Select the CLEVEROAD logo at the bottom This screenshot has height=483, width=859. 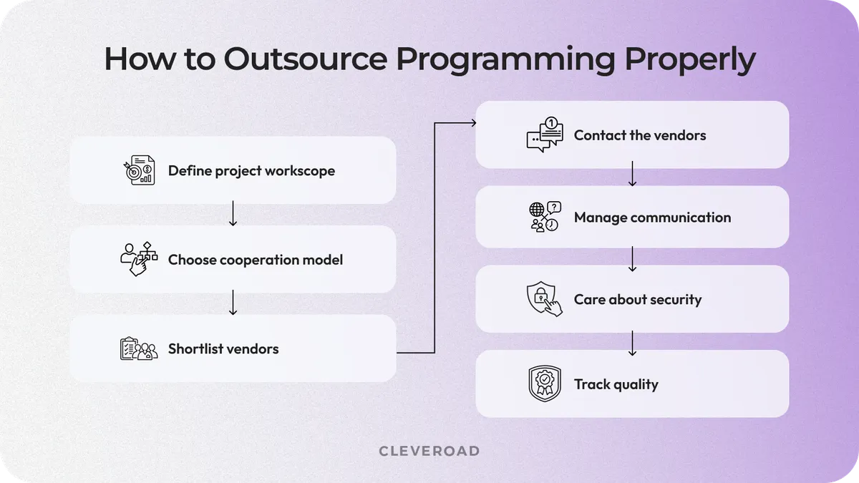pyautogui.click(x=429, y=451)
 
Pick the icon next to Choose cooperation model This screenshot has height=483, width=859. pyautogui.click(x=137, y=259)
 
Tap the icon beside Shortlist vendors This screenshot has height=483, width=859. pyautogui.click(x=137, y=348)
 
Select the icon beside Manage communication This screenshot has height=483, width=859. pyautogui.click(x=545, y=217)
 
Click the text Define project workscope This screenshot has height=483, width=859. pyautogui.click(x=251, y=171)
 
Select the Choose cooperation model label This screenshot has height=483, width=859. pyautogui.click(x=256, y=260)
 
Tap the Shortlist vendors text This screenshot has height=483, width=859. pyautogui.click(x=223, y=349)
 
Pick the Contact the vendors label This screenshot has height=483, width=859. pyautogui.click(x=640, y=135)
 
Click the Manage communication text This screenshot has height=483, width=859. pyautogui.click(x=652, y=218)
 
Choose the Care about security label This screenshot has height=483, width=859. pyautogui.click(x=638, y=300)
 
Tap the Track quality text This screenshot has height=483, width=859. pyautogui.click(x=616, y=384)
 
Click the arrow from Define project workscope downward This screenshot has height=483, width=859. pyautogui.click(x=233, y=214)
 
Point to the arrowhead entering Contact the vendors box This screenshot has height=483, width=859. pyautogui.click(x=472, y=123)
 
